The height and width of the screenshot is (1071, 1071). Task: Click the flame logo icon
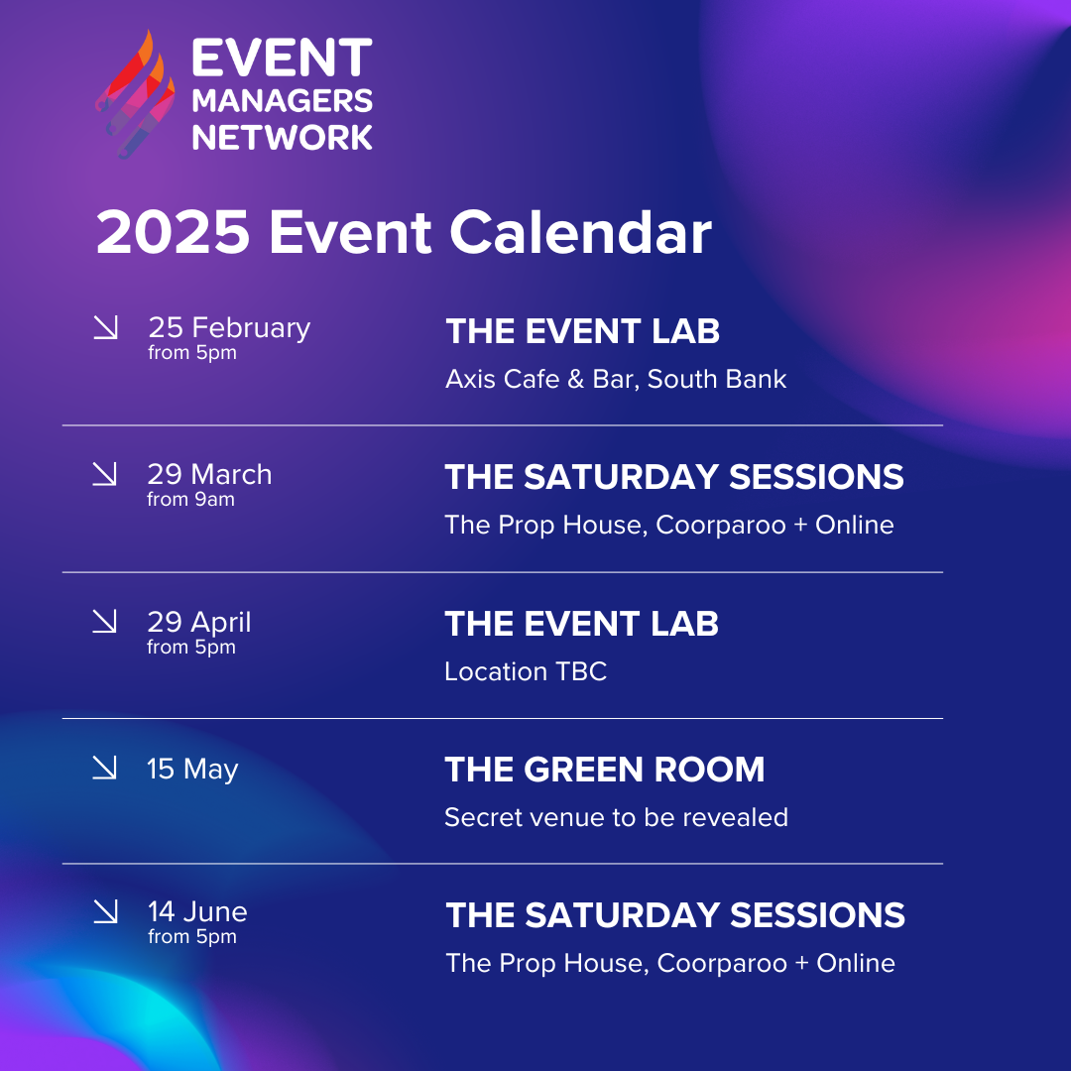(135, 94)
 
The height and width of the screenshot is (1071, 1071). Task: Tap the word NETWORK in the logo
(282, 137)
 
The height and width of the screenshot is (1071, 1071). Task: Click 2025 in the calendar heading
(173, 232)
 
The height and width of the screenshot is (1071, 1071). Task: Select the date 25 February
(229, 328)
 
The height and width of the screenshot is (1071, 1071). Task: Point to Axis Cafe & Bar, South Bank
(616, 379)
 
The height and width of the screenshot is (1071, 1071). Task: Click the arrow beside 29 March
(104, 474)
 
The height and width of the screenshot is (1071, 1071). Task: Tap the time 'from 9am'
(190, 499)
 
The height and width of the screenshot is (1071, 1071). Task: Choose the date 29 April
(199, 622)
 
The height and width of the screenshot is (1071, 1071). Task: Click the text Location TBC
(526, 671)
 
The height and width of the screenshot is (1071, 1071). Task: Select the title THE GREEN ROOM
(605, 770)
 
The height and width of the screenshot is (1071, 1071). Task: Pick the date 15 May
(192, 770)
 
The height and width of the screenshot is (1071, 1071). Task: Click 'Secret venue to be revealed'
(616, 817)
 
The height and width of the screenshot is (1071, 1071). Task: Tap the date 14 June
(197, 912)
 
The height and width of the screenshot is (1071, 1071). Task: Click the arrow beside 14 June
(105, 911)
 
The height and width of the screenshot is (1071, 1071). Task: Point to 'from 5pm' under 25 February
(192, 352)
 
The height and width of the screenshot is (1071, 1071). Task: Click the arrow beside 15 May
(104, 767)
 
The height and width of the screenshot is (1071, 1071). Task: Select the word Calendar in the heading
(580, 232)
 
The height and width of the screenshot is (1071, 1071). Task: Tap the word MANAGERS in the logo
(282, 100)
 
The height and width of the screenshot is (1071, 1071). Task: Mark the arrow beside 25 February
(105, 327)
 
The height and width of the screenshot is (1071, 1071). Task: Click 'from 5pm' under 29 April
(191, 647)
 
